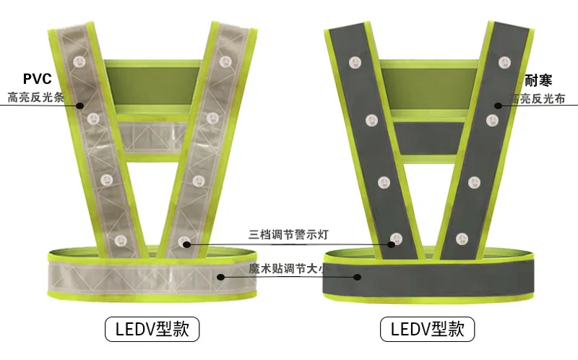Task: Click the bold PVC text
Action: pyautogui.click(x=38, y=79)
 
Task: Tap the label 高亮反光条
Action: pyautogui.click(x=35, y=98)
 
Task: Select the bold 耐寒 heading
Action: pyautogui.click(x=538, y=80)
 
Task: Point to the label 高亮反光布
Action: pyautogui.click(x=537, y=99)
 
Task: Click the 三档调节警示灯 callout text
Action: pyautogui.click(x=288, y=235)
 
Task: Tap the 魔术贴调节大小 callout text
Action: pyautogui.click(x=287, y=268)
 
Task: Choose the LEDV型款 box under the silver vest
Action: pyautogui.click(x=152, y=329)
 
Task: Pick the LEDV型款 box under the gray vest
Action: pyautogui.click(x=427, y=329)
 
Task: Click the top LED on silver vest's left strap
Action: pyautogui.click(x=79, y=61)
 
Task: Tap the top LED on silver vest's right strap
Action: pyautogui.click(x=225, y=61)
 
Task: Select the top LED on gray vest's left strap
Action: pyautogui.click(x=355, y=62)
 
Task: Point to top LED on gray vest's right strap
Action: pyautogui.click(x=504, y=62)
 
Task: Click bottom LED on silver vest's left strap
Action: pyautogui.click(x=120, y=241)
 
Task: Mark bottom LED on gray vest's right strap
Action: pyautogui.click(x=462, y=239)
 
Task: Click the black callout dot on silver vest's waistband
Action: pyautogui.click(x=220, y=277)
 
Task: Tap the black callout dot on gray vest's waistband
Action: pyautogui.click(x=357, y=277)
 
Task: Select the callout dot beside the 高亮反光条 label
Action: pyautogui.click(x=80, y=106)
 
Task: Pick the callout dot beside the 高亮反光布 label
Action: pyautogui.click(x=498, y=106)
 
